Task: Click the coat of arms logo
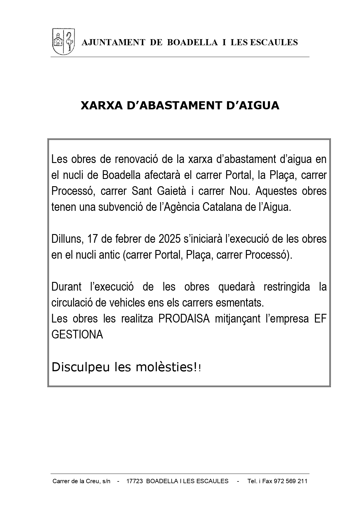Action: [x=63, y=41]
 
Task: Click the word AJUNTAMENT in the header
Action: [x=113, y=42]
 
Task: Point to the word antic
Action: [x=109, y=255]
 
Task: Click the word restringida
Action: [x=287, y=287]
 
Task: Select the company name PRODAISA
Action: [x=184, y=319]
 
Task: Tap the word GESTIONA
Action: [x=77, y=335]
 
